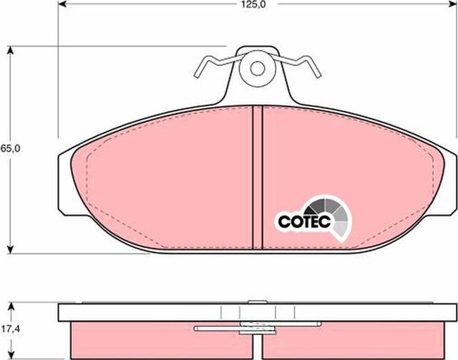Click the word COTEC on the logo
(303, 222)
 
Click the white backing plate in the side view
(143, 313)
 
